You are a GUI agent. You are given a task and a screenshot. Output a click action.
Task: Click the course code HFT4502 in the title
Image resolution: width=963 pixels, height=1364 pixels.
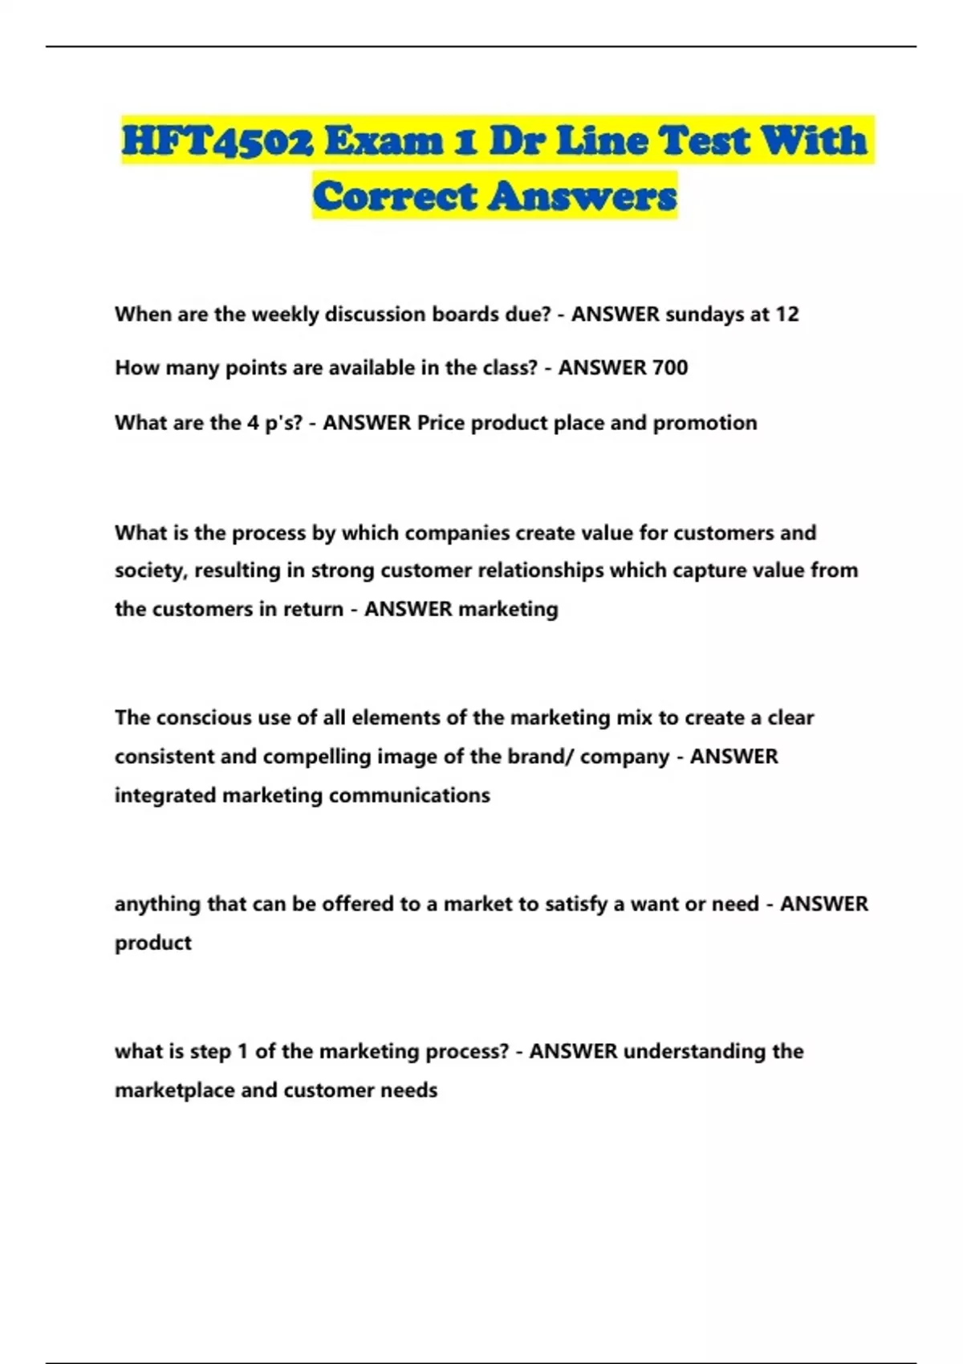(217, 141)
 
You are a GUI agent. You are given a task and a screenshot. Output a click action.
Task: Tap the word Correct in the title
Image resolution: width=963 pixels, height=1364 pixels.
(394, 196)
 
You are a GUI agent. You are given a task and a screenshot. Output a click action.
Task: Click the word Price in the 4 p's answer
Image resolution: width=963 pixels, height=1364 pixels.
(441, 423)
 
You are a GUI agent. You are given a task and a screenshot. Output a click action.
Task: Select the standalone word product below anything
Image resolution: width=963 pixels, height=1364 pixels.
(152, 943)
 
